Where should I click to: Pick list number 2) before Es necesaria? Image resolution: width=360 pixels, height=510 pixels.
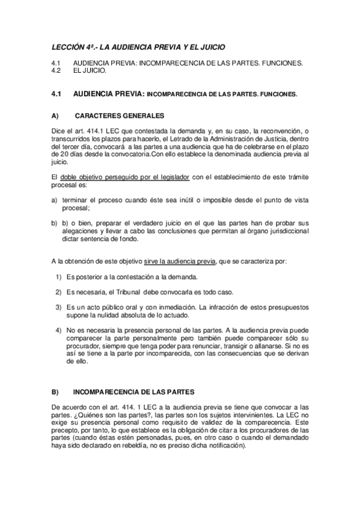(x=59, y=292)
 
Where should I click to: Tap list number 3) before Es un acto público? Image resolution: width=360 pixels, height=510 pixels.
(x=59, y=307)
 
